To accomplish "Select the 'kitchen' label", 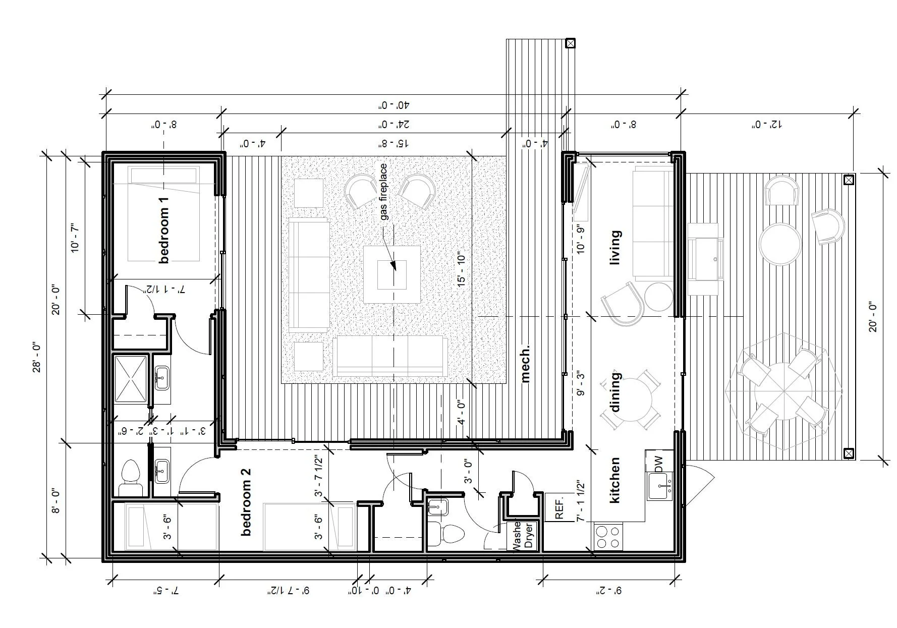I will pyautogui.click(x=614, y=480).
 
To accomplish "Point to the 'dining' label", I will pyautogui.click(x=615, y=392).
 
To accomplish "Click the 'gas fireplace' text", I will pyautogui.click(x=384, y=192).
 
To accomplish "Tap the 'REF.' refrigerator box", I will pyautogui.click(x=559, y=507).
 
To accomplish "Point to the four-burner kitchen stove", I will pyautogui.click(x=608, y=537).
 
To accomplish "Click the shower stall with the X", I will pyautogui.click(x=131, y=379).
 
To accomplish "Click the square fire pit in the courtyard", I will pyautogui.click(x=392, y=274).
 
